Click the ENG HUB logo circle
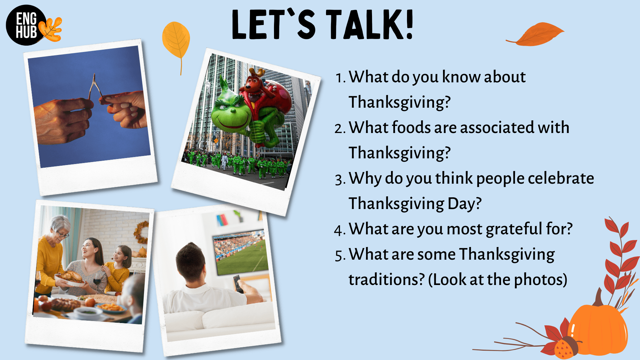pos(26,25)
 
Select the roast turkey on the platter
pos(71,277)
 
